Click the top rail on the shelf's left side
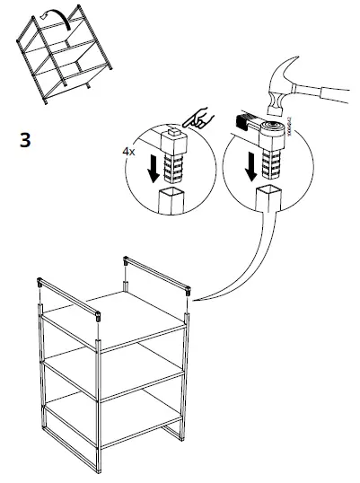[68, 297]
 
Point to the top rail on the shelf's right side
[156, 273]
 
